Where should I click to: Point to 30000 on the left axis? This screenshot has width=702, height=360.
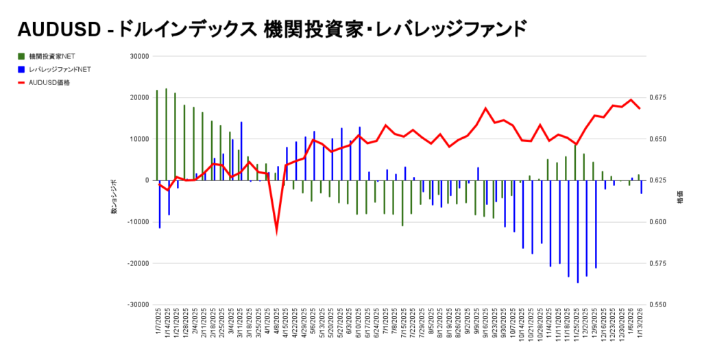139,57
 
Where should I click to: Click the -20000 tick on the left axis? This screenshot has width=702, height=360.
138,263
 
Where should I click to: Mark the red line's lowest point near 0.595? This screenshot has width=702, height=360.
276,230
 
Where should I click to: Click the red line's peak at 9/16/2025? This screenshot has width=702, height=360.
485,108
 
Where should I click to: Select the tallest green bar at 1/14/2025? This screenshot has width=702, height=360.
166,134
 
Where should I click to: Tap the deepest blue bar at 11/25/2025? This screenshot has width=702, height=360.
577,232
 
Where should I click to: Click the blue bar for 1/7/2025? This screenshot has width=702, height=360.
160,204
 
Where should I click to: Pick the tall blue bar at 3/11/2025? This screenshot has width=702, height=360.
241,151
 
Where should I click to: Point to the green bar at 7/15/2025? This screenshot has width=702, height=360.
402,203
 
